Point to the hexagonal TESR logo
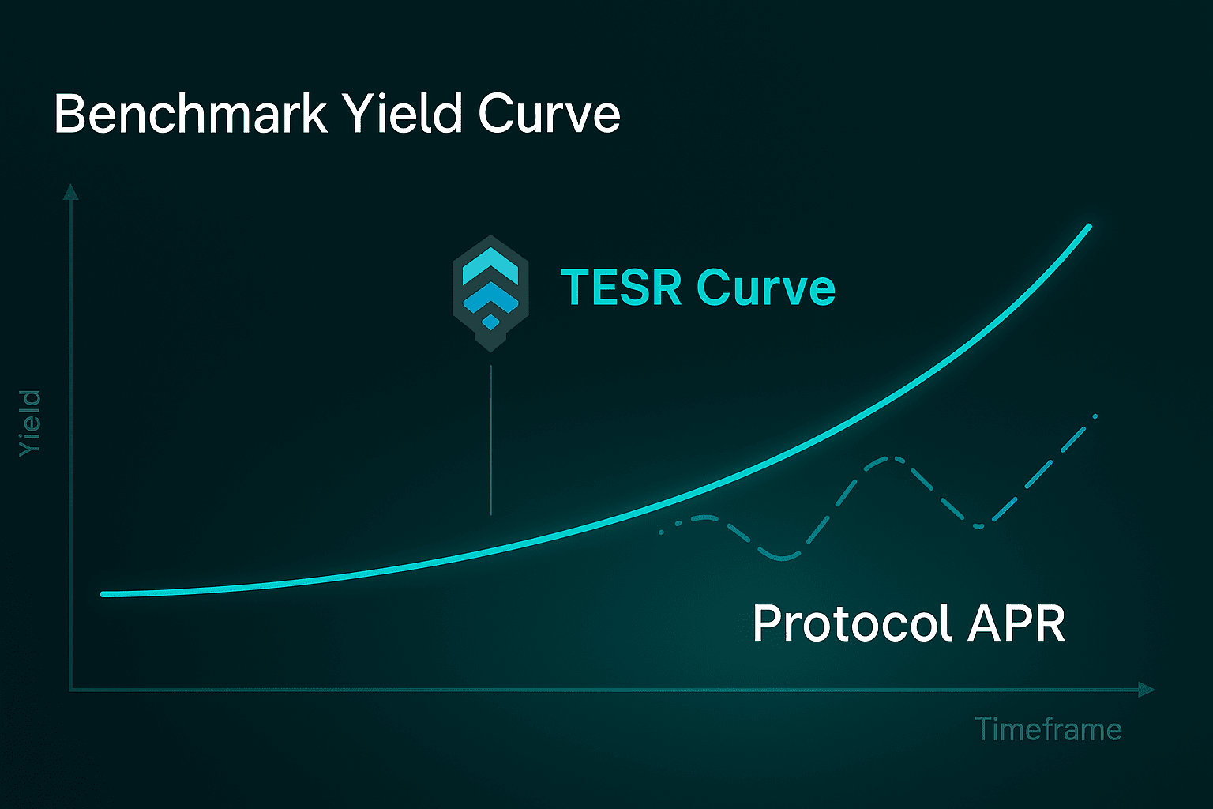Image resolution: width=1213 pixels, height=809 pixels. pyautogui.click(x=490, y=293)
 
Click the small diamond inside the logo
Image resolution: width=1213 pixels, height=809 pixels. pyautogui.click(x=490, y=322)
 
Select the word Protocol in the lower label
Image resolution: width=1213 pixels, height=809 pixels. pyautogui.click(x=852, y=623)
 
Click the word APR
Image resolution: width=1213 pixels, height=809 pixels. pyautogui.click(x=1016, y=623)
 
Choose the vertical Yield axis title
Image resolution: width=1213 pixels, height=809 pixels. pyautogui.click(x=30, y=423)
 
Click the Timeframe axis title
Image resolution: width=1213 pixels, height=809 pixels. pyautogui.click(x=1048, y=728)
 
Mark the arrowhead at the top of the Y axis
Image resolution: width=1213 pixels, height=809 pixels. pyautogui.click(x=70, y=191)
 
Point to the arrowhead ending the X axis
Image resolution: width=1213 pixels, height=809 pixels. pyautogui.click(x=1147, y=689)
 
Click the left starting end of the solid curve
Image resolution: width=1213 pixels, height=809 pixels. pyautogui.click(x=103, y=594)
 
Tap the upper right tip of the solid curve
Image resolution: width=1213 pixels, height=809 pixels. pyautogui.click(x=1090, y=226)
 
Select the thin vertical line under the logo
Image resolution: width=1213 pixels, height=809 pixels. pyautogui.click(x=490, y=440)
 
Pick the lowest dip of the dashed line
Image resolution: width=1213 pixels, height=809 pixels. pyautogui.click(x=782, y=558)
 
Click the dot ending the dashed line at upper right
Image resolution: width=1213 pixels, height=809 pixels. pyautogui.click(x=1095, y=416)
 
